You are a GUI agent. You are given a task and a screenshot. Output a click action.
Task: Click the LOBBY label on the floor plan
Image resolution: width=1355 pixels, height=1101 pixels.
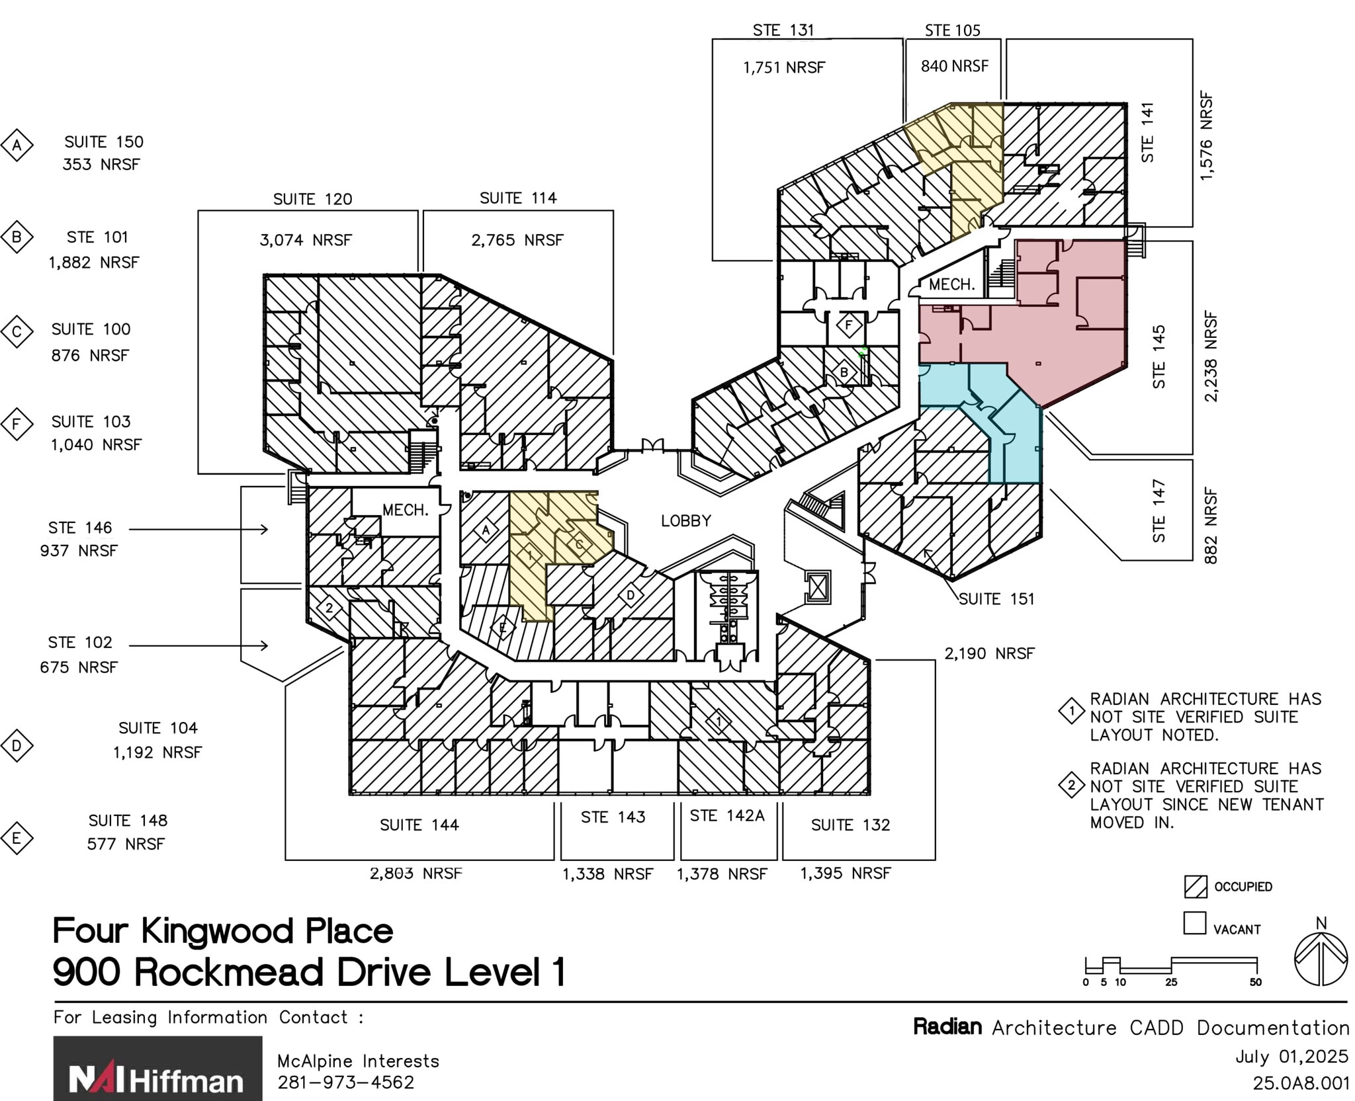pyautogui.click(x=685, y=521)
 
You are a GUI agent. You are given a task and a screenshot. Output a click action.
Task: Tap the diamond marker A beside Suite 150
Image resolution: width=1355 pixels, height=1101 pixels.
pyautogui.click(x=17, y=145)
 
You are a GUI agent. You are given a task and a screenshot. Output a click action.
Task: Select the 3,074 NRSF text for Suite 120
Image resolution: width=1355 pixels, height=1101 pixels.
pyautogui.click(x=305, y=240)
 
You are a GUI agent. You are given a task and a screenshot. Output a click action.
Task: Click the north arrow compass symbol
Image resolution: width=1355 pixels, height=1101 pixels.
pyautogui.click(x=1321, y=959)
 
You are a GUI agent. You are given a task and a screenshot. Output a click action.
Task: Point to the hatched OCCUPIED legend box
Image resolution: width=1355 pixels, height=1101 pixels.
pyautogui.click(x=1195, y=887)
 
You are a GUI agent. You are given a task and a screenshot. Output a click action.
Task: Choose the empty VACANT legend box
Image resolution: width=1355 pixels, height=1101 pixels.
pyautogui.click(x=1194, y=923)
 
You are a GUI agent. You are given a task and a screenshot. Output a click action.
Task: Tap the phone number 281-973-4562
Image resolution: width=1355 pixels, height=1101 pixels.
pyautogui.click(x=345, y=1082)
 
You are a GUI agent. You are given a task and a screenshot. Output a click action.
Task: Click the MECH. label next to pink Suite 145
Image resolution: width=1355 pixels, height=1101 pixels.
pyautogui.click(x=951, y=285)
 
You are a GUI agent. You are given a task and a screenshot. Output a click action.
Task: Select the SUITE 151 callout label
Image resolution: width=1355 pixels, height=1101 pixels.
pyautogui.click(x=996, y=599)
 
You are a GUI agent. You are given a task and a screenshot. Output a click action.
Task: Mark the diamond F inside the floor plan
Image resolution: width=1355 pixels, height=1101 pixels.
pyautogui.click(x=849, y=325)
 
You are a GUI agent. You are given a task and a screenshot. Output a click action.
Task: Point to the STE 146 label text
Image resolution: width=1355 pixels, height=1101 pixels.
pyautogui.click(x=80, y=528)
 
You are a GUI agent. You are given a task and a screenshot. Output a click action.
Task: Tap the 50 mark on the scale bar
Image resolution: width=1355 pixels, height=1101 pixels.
pyautogui.click(x=1255, y=983)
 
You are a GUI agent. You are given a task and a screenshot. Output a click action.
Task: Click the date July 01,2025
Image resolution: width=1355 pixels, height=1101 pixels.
pyautogui.click(x=1291, y=1057)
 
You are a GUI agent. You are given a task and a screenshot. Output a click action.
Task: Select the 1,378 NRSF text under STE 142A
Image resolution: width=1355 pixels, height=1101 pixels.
pyautogui.click(x=721, y=874)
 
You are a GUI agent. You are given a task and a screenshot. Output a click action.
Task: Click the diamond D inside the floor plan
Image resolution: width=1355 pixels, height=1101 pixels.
pyautogui.click(x=631, y=595)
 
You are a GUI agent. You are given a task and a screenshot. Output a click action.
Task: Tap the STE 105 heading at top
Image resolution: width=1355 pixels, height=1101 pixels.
pyautogui.click(x=952, y=30)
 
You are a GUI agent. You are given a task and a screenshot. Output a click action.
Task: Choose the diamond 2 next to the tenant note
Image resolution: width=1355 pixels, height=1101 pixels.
pyautogui.click(x=1071, y=786)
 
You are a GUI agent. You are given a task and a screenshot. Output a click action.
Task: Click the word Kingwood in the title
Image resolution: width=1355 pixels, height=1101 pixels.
pyautogui.click(x=217, y=931)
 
